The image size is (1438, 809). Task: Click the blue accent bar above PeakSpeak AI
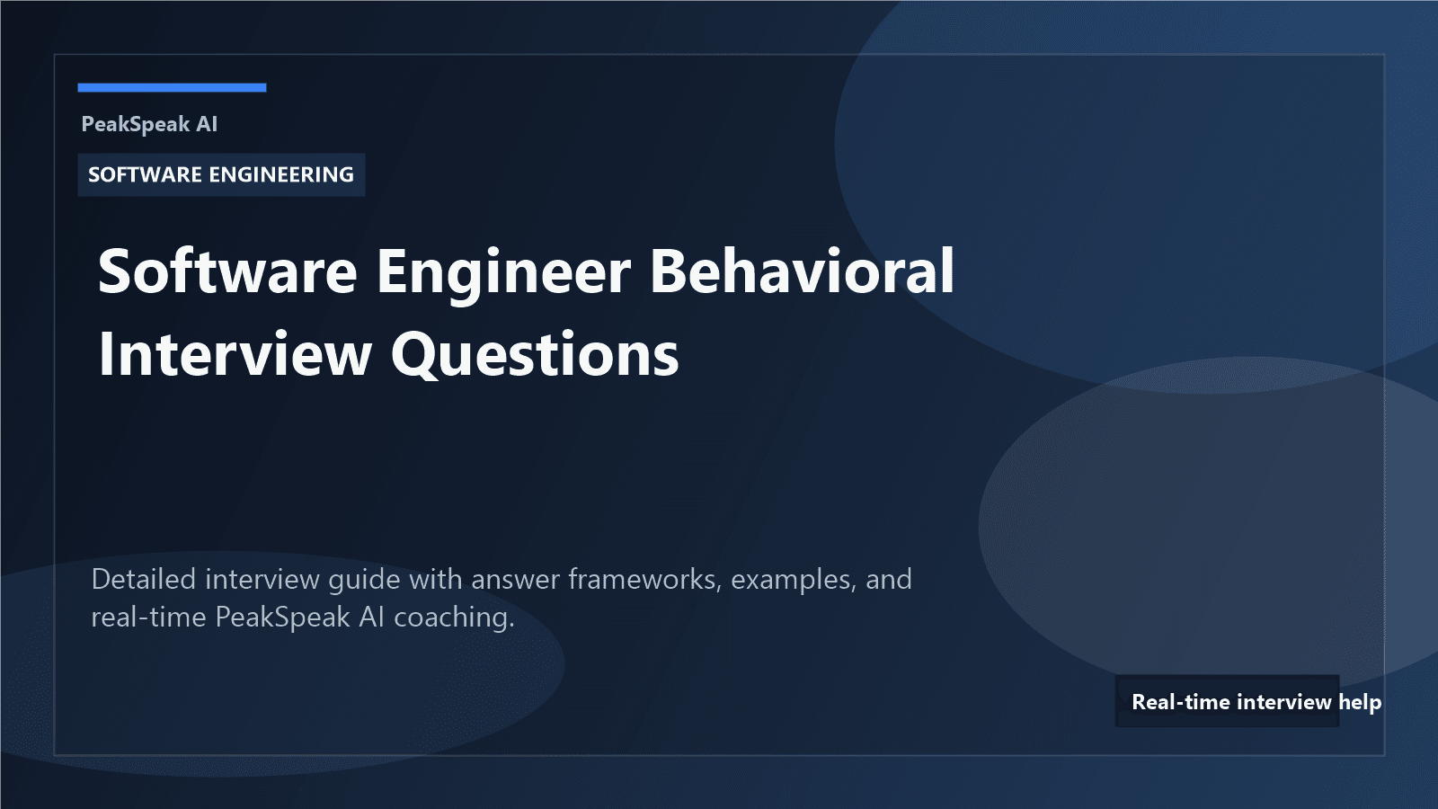172,87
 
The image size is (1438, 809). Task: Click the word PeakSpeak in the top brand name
136,124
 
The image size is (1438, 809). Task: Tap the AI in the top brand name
207,124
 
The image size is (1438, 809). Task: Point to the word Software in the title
227,271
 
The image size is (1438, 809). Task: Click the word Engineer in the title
503,271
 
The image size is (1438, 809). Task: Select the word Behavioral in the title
802,271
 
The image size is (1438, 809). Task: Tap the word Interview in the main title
235,354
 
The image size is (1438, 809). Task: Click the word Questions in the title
535,354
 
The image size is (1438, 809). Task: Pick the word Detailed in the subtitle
144,579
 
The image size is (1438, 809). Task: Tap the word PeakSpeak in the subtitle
282,618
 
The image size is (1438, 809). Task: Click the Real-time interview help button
1228,701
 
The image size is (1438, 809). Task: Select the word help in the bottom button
1359,702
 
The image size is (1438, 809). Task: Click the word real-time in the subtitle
148,618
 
